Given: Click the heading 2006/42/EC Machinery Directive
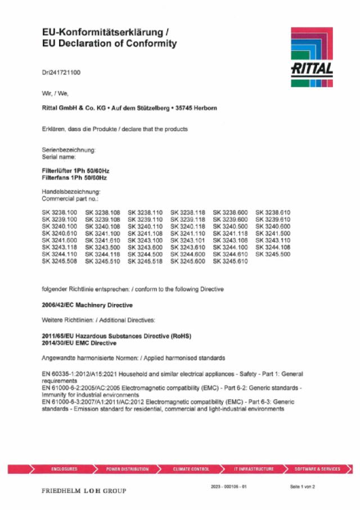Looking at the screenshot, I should point(87,305).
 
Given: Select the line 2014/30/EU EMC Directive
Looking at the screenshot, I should point(79,343).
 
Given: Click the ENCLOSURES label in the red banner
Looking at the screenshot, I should point(64,469).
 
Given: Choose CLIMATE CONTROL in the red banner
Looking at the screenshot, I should point(191,469).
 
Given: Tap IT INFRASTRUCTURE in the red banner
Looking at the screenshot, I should point(254,469).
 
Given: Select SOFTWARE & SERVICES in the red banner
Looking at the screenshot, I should point(317,469).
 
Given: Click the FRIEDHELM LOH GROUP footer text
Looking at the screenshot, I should point(84,491).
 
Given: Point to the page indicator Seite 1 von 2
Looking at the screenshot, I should point(303,486).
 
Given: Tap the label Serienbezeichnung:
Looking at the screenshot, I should point(69,150).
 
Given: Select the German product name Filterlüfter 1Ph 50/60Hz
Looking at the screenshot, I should point(75,171).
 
